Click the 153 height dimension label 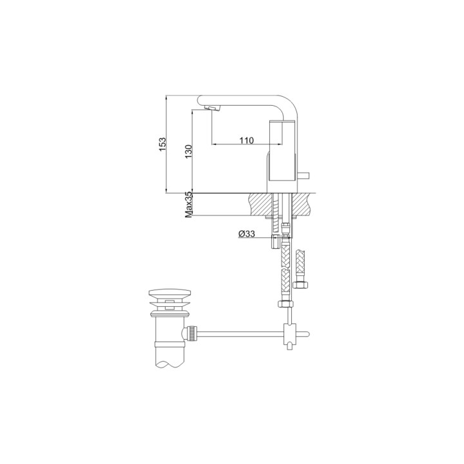[x=163, y=144]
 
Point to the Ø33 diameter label [x=247, y=235]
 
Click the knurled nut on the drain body [x=190, y=333]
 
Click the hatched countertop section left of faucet [x=260, y=204]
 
